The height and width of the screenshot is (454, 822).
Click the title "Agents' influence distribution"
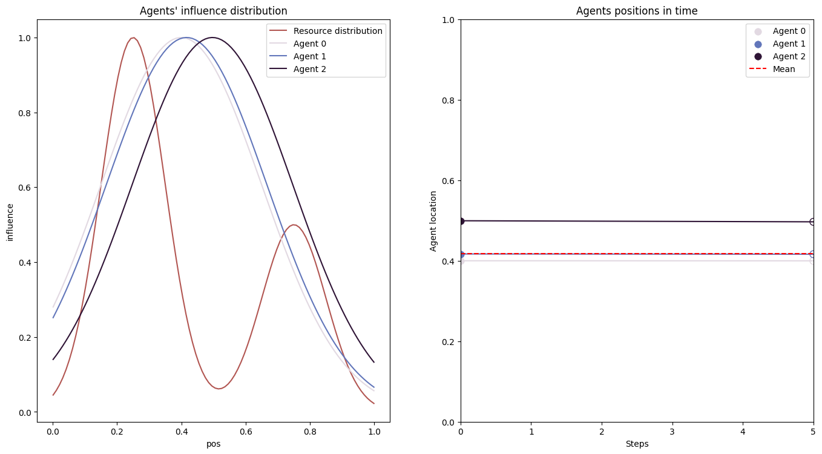pos(213,11)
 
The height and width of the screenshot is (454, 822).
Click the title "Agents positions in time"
pos(637,11)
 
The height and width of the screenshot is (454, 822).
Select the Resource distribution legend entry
pos(338,31)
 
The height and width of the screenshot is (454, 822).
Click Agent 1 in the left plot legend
pos(310,56)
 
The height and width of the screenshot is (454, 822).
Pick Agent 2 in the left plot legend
pos(310,69)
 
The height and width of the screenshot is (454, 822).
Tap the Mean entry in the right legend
pos(784,69)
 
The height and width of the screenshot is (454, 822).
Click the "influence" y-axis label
pos(10,222)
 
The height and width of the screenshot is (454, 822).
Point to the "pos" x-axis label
pos(213,444)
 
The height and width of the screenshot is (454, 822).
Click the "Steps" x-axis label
pos(637,444)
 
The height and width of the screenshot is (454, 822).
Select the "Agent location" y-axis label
pos(433,221)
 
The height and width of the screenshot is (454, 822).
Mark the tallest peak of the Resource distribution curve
pos(133,38)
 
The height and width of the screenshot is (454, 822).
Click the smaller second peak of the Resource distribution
pos(294,225)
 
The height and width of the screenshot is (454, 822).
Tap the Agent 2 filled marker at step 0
pos(461,221)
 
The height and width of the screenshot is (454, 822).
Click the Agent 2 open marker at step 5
pos(813,222)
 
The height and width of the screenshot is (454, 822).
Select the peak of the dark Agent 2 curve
pos(212,38)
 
